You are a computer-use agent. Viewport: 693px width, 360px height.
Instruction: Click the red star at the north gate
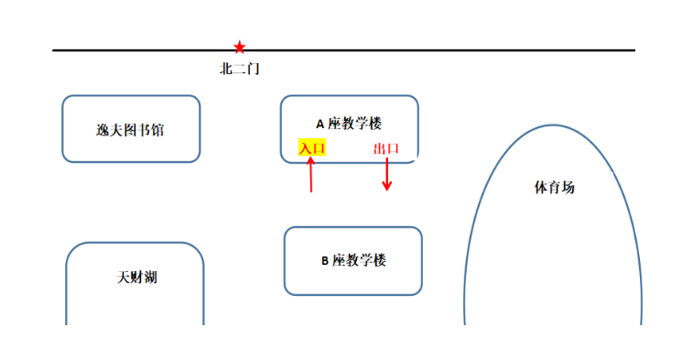[x=240, y=47]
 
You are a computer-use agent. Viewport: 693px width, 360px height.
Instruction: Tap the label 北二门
[x=240, y=69]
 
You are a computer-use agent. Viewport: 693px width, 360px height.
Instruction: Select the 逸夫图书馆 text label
[x=130, y=130]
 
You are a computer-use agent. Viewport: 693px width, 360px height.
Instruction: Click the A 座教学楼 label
[x=349, y=124]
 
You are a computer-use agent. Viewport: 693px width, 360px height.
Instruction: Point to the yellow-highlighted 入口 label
[x=312, y=147]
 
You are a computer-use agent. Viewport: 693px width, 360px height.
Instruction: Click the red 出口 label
[x=386, y=148]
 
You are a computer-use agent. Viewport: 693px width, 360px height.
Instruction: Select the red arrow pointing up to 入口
[x=311, y=174]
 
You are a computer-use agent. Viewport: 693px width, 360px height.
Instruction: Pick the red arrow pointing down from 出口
[x=387, y=174]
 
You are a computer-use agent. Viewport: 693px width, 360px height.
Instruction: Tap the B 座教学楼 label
[x=353, y=260]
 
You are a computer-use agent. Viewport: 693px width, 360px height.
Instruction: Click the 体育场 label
[x=555, y=187]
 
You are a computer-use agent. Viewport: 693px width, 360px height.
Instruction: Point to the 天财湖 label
[x=137, y=278]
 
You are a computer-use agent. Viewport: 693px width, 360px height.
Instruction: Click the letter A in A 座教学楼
[x=320, y=125]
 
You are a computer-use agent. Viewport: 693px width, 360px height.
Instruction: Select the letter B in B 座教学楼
[x=325, y=261]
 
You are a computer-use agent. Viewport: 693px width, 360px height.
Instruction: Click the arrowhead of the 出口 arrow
[x=387, y=186]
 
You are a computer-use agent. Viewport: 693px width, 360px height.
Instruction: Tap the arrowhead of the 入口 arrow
[x=311, y=161]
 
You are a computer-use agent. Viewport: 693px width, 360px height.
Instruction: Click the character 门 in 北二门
[x=254, y=69]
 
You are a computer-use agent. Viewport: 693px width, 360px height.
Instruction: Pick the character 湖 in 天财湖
[x=151, y=278]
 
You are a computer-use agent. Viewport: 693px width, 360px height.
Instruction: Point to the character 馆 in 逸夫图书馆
[x=157, y=130]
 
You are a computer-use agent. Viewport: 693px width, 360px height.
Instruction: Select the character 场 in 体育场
[x=568, y=187]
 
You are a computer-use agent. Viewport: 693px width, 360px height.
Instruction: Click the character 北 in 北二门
[x=226, y=69]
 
